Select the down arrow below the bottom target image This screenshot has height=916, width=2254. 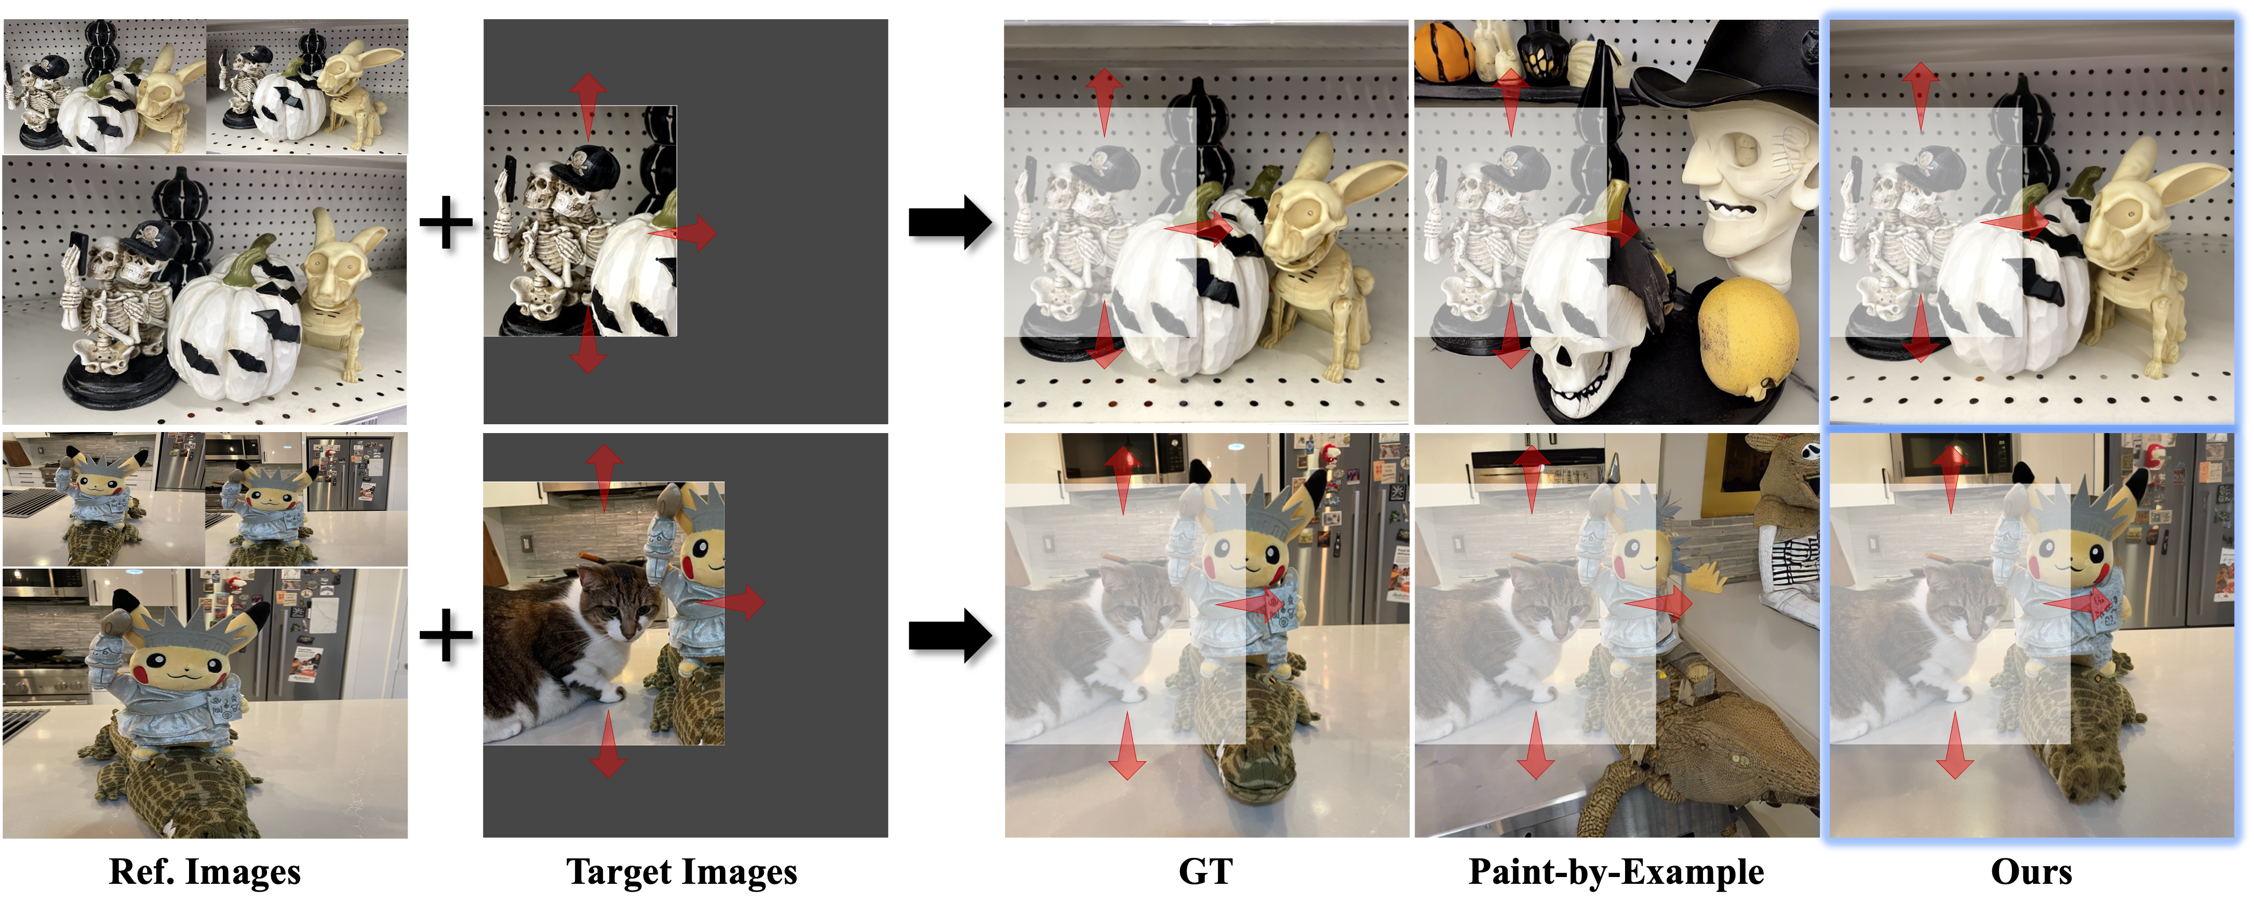(x=608, y=744)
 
